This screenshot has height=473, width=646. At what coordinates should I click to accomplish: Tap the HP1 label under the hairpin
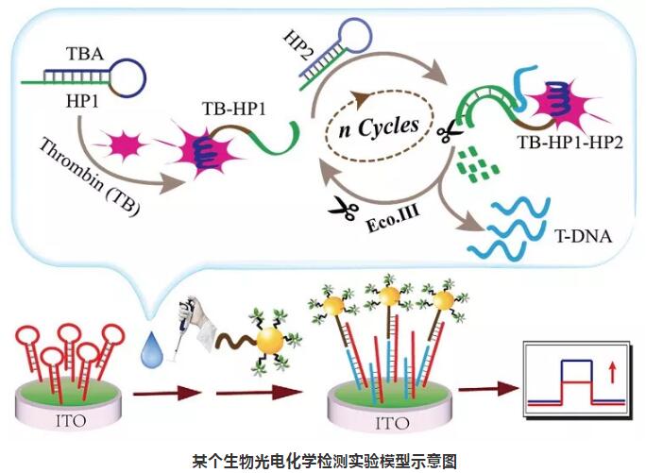(x=83, y=98)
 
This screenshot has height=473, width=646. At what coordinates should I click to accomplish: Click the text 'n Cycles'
(x=381, y=125)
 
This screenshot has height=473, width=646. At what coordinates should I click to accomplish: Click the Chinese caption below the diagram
(x=322, y=461)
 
